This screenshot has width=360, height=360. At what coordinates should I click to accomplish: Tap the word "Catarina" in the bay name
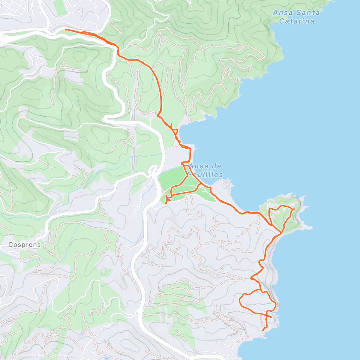click(x=297, y=21)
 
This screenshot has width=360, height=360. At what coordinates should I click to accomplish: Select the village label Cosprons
click(x=24, y=245)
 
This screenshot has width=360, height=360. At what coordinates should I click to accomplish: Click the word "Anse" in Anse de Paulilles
click(x=199, y=166)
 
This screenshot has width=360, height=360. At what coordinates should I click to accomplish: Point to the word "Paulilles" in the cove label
click(x=207, y=175)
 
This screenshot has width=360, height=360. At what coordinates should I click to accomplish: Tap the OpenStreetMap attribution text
click(x=63, y=356)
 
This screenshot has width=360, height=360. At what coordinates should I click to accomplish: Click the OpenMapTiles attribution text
click(x=31, y=356)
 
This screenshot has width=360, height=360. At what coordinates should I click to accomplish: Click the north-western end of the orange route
click(x=65, y=30)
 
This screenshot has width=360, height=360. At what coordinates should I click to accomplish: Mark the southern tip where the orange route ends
click(x=263, y=330)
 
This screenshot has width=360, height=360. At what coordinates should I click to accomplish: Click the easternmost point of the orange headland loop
click(x=294, y=209)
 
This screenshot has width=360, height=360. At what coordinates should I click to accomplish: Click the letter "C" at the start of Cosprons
click(x=10, y=245)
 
